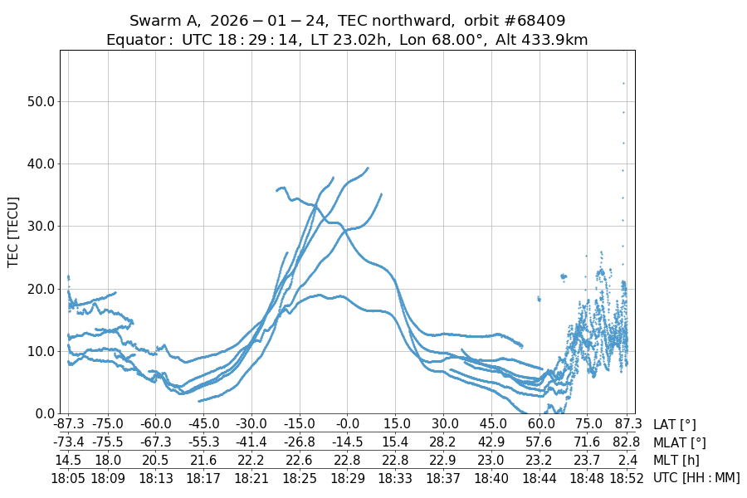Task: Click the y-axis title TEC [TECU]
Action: (x=12, y=232)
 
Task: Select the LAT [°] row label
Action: (x=675, y=424)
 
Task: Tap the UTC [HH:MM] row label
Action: (x=696, y=477)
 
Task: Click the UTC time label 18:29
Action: (x=348, y=477)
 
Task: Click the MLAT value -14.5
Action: (x=348, y=442)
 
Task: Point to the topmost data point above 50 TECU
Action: (x=623, y=83)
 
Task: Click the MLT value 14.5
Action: (x=68, y=460)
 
